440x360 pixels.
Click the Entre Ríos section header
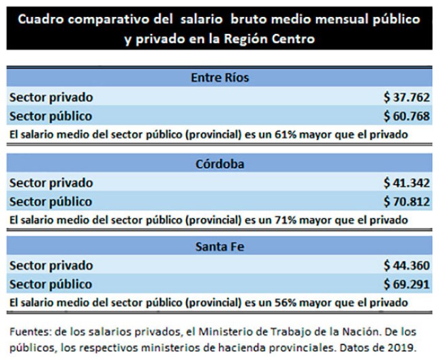tap(220, 78)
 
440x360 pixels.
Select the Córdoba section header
tap(220, 164)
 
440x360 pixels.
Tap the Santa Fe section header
tap(220, 247)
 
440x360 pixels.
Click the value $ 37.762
tap(407, 97)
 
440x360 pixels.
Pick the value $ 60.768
tap(407, 116)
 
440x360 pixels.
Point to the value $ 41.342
tap(407, 183)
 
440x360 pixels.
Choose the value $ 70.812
tap(407, 202)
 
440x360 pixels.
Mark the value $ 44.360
tap(407, 265)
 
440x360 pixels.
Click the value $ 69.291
tap(407, 284)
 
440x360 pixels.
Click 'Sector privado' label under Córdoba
tap(52, 183)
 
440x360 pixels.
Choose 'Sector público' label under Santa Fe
tap(51, 285)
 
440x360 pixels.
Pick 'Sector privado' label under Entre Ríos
tap(52, 97)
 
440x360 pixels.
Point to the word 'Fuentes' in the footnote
tap(29, 332)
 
